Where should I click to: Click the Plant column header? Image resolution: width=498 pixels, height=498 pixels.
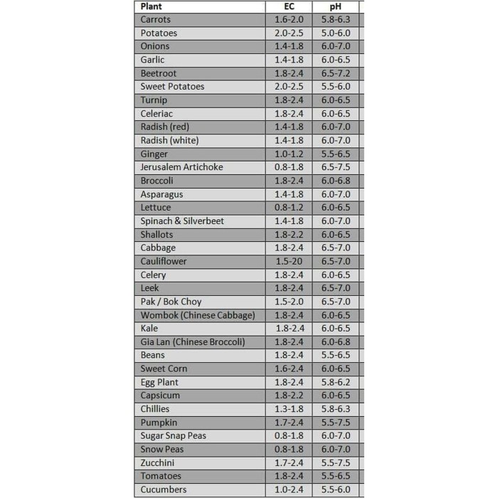(151, 6)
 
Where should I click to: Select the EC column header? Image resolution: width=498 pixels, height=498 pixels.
(289, 6)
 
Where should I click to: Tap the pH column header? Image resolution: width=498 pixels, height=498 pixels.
(335, 6)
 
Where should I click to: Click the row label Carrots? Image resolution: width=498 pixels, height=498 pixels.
(156, 20)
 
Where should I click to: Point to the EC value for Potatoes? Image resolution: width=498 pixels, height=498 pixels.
(289, 33)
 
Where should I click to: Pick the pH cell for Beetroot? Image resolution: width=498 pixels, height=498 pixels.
(335, 73)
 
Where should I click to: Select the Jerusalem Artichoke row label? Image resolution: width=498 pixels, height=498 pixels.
(181, 167)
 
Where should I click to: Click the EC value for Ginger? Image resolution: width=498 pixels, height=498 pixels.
(289, 154)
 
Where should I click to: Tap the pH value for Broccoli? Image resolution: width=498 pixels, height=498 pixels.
(335, 181)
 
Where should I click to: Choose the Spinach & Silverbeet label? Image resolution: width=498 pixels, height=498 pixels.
(182, 221)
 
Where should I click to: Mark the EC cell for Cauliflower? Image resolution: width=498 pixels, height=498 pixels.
(289, 261)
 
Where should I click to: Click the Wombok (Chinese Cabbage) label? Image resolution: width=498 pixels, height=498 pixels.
(197, 315)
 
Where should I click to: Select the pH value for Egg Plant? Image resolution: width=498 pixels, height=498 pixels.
(335, 382)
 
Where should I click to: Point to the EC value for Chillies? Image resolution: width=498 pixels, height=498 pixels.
(289, 409)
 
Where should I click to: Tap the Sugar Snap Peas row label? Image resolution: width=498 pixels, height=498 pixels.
(173, 435)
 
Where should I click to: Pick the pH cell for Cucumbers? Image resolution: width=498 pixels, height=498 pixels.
(335, 489)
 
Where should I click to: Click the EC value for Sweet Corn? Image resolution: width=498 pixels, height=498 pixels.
(289, 369)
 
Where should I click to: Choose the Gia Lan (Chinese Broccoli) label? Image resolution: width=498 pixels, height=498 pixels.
(192, 342)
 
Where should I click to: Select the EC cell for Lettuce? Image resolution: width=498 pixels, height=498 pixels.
(289, 208)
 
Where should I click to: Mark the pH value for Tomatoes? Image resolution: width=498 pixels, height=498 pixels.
(335, 476)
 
